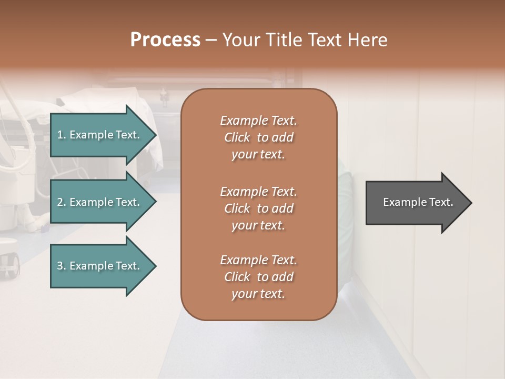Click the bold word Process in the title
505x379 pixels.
[x=165, y=40]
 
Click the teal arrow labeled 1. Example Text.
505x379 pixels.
[x=100, y=135]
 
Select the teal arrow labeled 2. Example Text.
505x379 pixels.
[x=100, y=202]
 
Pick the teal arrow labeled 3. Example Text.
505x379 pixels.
[x=100, y=266]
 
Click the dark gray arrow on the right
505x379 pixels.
[x=416, y=203]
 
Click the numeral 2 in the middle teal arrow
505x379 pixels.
[x=60, y=202]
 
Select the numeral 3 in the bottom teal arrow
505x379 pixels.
[x=60, y=266]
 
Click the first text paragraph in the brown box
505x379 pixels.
[x=258, y=137]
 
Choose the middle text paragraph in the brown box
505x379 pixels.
[x=258, y=208]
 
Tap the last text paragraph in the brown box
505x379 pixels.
[x=258, y=277]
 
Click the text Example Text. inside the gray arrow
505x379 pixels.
[x=418, y=202]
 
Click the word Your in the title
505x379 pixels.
[x=240, y=40]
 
